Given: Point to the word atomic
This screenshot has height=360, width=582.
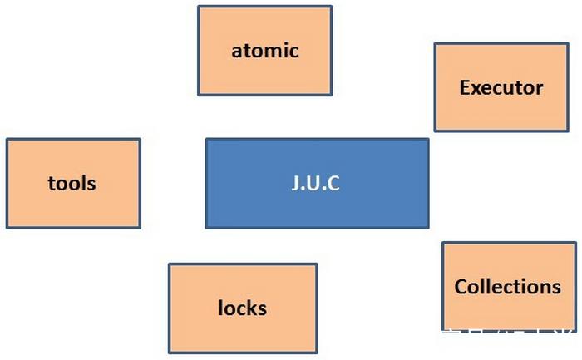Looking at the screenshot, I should [264, 50].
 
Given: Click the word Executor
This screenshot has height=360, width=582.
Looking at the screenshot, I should [501, 87].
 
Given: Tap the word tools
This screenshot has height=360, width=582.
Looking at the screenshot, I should [72, 183].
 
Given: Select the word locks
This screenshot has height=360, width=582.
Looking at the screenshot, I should [243, 308].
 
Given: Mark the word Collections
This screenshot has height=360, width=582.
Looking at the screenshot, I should [507, 287].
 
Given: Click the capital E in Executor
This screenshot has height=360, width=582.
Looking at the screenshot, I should [464, 87].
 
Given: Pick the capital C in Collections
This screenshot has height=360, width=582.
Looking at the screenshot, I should [461, 287].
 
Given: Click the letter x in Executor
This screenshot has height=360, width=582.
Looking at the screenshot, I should [476, 88].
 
